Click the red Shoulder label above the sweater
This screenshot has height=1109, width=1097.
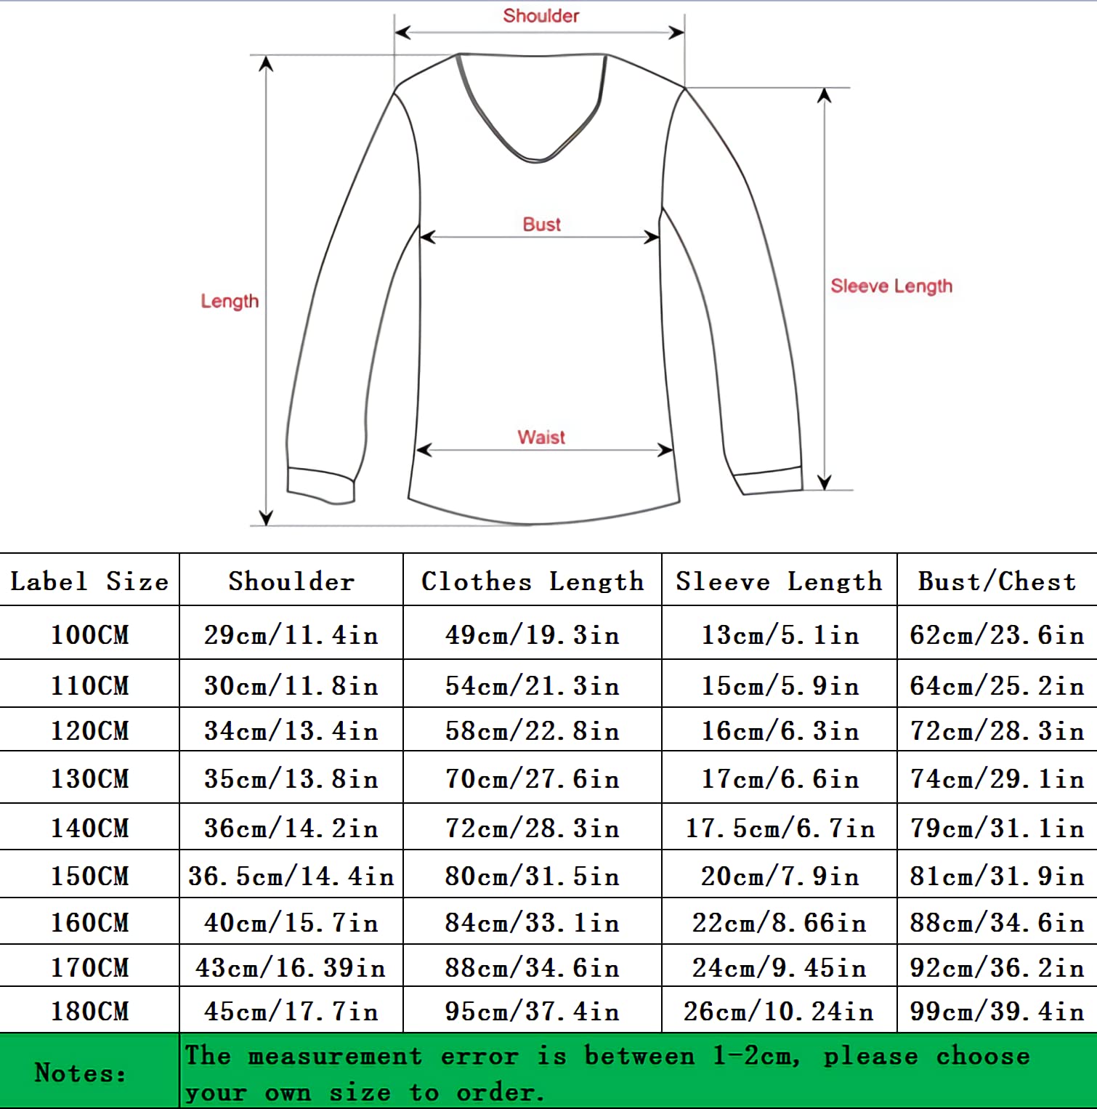pyautogui.click(x=541, y=16)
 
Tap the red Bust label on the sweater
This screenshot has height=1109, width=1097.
pyautogui.click(x=541, y=225)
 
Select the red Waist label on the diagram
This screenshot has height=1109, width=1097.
pyautogui.click(x=541, y=437)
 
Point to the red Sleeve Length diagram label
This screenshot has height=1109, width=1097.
pyautogui.click(x=891, y=286)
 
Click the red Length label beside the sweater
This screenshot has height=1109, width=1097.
pyautogui.click(x=230, y=302)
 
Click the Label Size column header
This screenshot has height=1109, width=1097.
pyautogui.click(x=89, y=581)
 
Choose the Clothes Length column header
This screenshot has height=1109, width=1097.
pyautogui.click(x=533, y=581)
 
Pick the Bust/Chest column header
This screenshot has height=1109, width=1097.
pyautogui.click(x=997, y=581)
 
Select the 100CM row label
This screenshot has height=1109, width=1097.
pyautogui.click(x=89, y=635)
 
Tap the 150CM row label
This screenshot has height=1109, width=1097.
pyautogui.click(x=89, y=876)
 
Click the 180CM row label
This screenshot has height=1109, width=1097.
pyautogui.click(x=89, y=1012)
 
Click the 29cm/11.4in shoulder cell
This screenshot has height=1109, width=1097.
pyautogui.click(x=291, y=635)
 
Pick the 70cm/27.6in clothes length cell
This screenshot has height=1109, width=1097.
pyautogui.click(x=533, y=779)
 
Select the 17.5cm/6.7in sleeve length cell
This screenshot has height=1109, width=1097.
pyautogui.click(x=780, y=828)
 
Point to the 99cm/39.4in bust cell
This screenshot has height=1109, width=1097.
pyautogui.click(x=997, y=1012)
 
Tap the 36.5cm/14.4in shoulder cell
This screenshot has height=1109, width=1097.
pyautogui.click(x=291, y=876)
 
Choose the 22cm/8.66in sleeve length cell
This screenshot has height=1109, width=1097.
pyautogui.click(x=780, y=923)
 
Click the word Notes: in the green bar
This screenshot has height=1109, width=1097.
pyautogui.click(x=81, y=1073)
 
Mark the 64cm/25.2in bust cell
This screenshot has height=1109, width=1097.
pyautogui.click(x=997, y=686)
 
